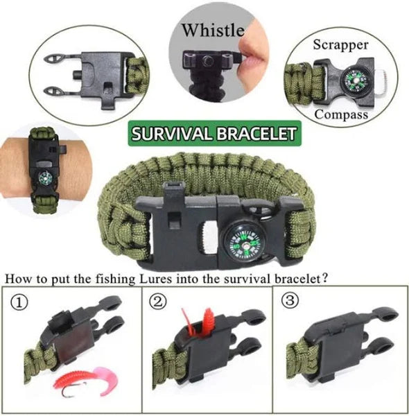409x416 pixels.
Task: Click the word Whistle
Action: [213, 30]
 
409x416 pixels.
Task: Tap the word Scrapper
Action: [340, 44]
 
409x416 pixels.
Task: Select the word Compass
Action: [341, 115]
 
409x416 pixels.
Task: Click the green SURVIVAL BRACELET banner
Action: [215, 133]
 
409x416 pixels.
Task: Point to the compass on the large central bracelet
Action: [243, 242]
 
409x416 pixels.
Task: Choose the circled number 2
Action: [158, 302]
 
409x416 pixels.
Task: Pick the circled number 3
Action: [290, 300]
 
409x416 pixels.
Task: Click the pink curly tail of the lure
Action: [107, 380]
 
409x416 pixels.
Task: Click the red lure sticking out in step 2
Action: [207, 321]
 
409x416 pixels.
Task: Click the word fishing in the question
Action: [115, 279]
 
